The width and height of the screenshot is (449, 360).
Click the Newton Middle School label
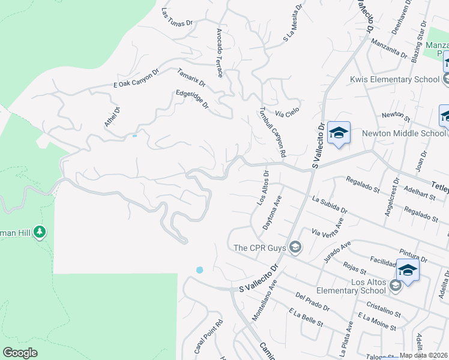(404, 133)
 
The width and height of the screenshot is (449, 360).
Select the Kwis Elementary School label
(395, 79)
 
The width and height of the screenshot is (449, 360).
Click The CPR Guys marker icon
(295, 247)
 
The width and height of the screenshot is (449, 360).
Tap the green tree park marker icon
(40, 231)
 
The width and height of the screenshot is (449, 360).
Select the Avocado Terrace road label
(220, 53)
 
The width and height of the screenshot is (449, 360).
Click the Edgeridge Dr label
(191, 100)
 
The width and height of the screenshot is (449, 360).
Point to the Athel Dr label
(112, 117)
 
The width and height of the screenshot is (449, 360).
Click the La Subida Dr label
(330, 204)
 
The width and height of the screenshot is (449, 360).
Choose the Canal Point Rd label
(208, 335)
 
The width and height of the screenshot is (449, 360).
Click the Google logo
(20, 353)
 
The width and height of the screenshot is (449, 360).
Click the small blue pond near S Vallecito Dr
(199, 270)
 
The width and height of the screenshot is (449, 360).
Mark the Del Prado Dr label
(313, 302)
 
